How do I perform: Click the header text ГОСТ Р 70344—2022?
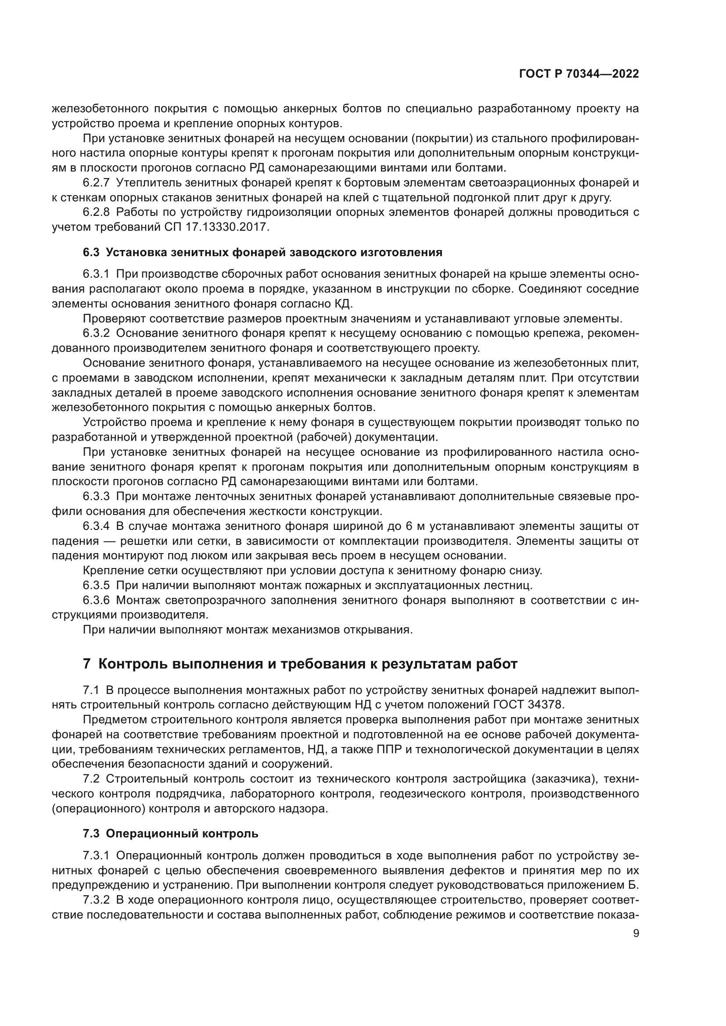[579, 74]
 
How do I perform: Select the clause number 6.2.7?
[96, 183]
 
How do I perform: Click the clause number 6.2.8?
[96, 212]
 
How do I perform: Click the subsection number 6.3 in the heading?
[91, 253]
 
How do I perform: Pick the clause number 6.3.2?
[96, 333]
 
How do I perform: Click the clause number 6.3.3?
[96, 497]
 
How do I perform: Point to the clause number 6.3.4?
[96, 526]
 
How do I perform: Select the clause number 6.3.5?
[96, 585]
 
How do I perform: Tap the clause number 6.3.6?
[96, 600]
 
